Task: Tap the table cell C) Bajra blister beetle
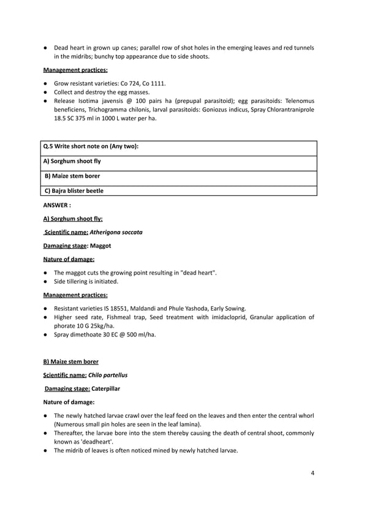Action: pyautogui.click(x=74, y=191)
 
